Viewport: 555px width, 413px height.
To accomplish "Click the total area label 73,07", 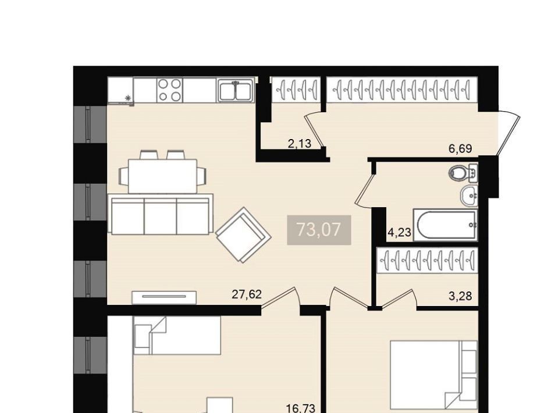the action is coord(319,230).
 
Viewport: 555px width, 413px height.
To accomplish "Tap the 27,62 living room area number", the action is coord(247,294).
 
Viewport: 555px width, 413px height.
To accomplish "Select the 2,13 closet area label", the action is coord(300,144).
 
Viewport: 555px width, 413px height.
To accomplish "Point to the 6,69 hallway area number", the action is coord(460,149).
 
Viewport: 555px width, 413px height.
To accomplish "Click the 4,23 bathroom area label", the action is coord(399,233).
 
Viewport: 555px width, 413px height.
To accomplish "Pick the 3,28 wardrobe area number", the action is coord(460,296).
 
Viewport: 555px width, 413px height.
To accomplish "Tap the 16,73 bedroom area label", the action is coord(301,409).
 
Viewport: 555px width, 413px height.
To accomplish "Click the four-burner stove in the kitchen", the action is coord(169,90).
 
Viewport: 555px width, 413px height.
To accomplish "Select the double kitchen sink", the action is coord(236,90).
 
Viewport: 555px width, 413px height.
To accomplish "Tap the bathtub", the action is coord(445,225).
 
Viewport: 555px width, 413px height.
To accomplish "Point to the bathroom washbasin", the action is coord(469,195).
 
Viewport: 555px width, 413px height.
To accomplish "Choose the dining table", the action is coord(162,176).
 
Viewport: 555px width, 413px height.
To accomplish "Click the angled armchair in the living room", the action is coord(244,235).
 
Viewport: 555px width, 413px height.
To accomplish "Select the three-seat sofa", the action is coord(161,214).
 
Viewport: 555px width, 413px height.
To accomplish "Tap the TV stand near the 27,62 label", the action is coord(164,297).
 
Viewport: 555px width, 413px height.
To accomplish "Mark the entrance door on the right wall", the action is coord(508,133).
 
